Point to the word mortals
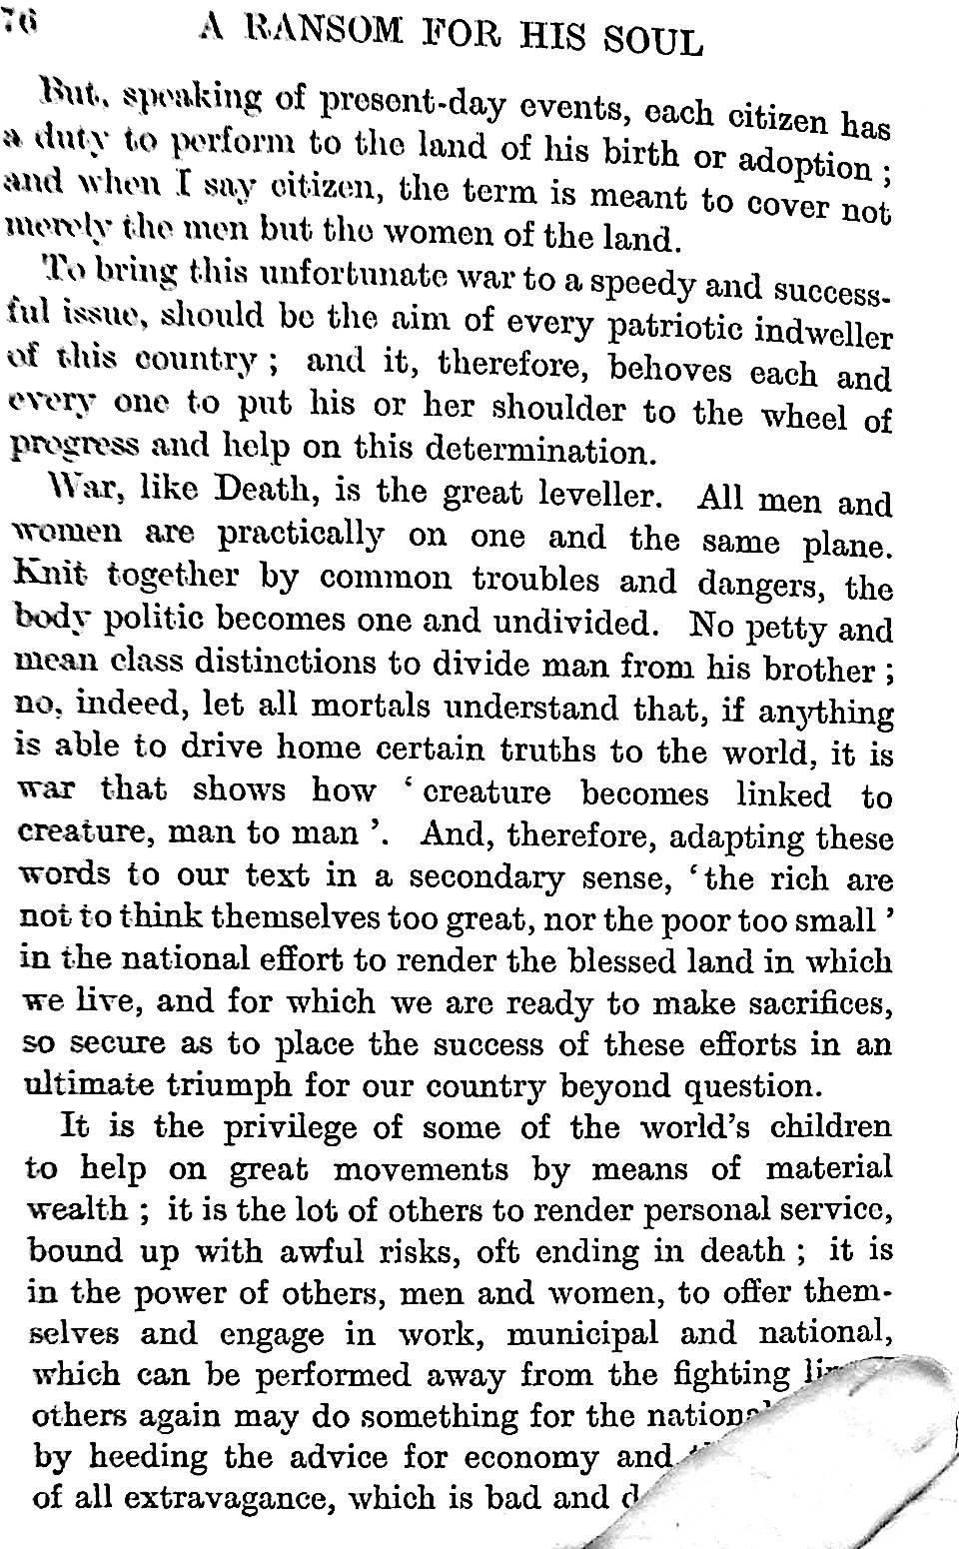[x=370, y=707]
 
